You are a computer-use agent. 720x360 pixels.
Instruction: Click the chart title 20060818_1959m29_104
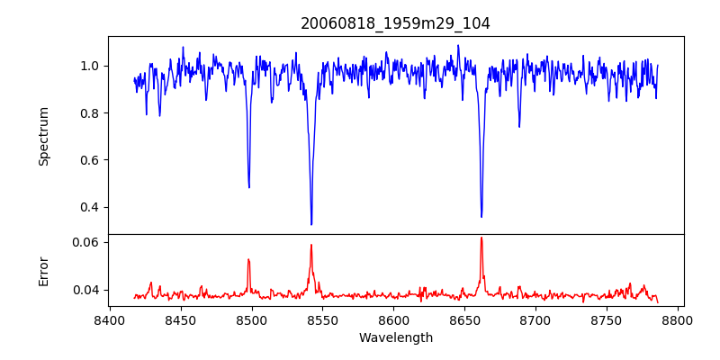[x=395, y=23]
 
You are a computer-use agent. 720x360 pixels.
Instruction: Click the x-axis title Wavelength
[x=395, y=338]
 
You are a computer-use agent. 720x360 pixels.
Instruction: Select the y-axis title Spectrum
[x=43, y=137]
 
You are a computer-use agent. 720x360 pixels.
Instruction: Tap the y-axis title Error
[x=43, y=272]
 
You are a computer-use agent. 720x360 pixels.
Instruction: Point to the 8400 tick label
[x=110, y=319]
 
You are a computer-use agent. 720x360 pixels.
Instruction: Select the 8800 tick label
[x=678, y=319]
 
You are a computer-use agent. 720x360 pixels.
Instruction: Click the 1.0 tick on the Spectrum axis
[x=95, y=66]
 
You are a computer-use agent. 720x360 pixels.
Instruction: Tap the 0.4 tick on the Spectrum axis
[x=95, y=207]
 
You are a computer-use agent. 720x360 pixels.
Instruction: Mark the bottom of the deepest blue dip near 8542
[x=311, y=224]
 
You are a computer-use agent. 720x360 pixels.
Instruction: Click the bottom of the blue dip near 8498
[x=249, y=187]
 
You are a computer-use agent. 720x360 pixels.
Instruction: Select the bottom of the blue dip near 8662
[x=481, y=217]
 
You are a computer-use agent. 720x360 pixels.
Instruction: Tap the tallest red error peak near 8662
[x=481, y=238]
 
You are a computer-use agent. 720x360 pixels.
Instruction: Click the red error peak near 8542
[x=311, y=245]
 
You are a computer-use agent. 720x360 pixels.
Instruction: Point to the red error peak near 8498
[x=248, y=259]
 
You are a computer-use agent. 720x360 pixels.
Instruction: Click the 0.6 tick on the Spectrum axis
[x=95, y=160]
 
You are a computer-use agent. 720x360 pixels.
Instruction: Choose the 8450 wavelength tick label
[x=181, y=319]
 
